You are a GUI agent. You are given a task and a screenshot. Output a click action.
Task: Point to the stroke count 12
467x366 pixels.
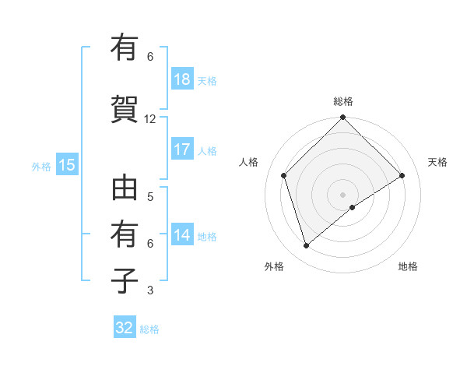150,119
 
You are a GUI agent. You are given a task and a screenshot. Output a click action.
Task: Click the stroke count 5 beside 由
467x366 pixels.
150,196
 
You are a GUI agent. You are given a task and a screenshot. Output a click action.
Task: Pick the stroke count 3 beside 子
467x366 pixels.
150,290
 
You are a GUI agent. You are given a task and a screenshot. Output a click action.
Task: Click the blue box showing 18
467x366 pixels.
182,79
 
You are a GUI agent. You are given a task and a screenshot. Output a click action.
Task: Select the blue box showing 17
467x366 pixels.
182,150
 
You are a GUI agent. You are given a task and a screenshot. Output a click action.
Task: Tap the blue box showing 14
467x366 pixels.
182,235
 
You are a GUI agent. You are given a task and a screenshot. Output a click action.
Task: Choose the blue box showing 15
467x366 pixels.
67,164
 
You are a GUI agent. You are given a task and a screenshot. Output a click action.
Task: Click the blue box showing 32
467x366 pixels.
125,328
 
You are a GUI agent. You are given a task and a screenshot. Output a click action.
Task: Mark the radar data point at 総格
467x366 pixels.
342,118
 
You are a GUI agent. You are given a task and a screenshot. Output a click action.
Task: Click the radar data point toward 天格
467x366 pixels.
402,175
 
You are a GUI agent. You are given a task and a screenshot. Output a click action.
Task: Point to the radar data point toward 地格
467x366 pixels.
353,207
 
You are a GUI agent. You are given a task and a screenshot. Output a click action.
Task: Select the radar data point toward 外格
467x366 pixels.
306,246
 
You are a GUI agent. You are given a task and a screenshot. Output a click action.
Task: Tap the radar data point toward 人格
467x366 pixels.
284,175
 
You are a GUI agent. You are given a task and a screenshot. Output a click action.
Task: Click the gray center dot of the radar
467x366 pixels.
342,193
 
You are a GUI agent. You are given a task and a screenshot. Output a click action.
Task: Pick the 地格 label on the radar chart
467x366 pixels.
408,266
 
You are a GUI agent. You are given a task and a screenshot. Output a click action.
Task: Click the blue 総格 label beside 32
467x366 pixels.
149,329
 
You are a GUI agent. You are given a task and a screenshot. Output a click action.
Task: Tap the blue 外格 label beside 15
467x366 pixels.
41,166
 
